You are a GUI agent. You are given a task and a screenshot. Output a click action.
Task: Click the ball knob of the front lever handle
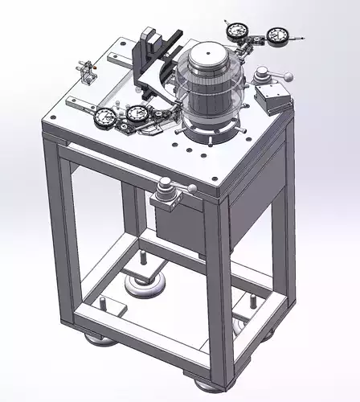click(192, 188)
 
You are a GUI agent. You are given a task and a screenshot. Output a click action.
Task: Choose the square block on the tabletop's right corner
click(271, 100)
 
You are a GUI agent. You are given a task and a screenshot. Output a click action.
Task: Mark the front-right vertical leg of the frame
click(219, 289)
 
